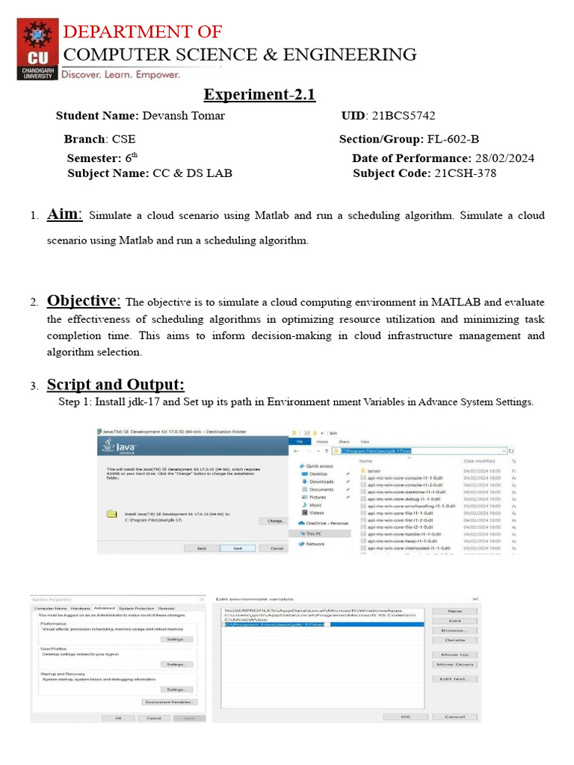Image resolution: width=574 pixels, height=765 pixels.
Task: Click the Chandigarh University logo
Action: (37, 49)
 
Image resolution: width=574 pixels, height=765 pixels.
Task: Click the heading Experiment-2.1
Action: (260, 95)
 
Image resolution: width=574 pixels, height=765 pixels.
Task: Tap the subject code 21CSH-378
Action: (464, 173)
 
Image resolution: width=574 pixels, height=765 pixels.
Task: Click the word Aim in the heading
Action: (64, 214)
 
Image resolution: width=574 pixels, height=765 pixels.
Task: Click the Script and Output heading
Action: (115, 385)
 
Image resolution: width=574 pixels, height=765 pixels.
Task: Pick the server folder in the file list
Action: (374, 471)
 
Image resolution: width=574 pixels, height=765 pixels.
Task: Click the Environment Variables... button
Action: (170, 702)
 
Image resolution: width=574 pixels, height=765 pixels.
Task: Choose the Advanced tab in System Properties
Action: (104, 609)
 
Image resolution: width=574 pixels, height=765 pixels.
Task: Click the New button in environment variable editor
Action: (454, 611)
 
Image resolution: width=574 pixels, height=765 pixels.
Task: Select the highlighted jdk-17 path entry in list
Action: (276, 625)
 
